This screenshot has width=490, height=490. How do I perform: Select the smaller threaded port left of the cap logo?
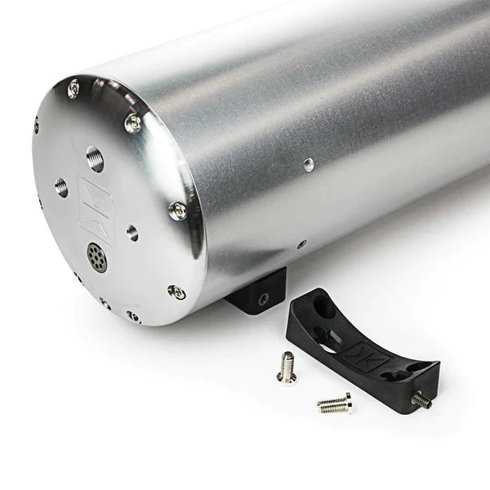[x=61, y=187]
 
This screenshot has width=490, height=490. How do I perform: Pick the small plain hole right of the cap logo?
[x=131, y=232]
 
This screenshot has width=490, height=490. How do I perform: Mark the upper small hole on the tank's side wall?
[x=308, y=164]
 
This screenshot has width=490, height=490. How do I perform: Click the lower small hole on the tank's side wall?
[x=301, y=243]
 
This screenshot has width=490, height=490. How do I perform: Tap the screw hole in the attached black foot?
[x=263, y=300]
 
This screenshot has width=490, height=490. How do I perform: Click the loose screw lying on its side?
[x=334, y=403]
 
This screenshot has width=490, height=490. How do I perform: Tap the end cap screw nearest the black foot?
[x=176, y=291]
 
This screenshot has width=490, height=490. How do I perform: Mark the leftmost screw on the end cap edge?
[x=36, y=125]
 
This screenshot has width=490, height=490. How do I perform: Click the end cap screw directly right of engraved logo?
[x=177, y=210]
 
